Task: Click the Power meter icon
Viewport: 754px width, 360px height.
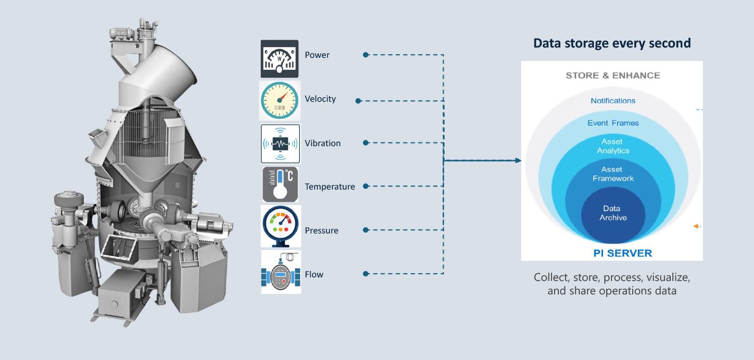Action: tap(279, 59)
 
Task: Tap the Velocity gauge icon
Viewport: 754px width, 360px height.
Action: tap(279, 100)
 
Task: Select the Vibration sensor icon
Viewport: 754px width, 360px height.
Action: tap(280, 144)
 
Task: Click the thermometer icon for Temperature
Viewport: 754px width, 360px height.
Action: tap(280, 184)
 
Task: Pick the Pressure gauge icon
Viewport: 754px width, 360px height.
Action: tap(280, 226)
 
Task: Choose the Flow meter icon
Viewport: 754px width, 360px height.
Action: tap(281, 272)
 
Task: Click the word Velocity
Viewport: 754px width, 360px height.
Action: tap(320, 99)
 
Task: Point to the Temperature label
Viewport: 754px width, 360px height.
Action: tap(329, 186)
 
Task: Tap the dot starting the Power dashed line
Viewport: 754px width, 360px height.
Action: tap(366, 55)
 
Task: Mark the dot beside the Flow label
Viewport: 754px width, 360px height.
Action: tap(366, 274)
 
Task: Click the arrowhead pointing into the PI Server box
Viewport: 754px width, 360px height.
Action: tap(518, 161)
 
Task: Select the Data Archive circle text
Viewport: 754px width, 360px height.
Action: tap(612, 213)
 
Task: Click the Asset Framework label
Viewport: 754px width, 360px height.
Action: tap(613, 174)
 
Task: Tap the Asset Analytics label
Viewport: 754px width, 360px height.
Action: tap(612, 146)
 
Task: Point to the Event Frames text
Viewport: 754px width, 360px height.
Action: tap(613, 123)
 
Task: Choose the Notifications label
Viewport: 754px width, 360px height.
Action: tap(613, 101)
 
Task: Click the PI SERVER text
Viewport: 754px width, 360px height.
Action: tap(622, 253)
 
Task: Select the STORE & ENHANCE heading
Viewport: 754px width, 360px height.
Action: tap(612, 75)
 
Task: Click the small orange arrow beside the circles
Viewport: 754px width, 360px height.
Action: tap(697, 226)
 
